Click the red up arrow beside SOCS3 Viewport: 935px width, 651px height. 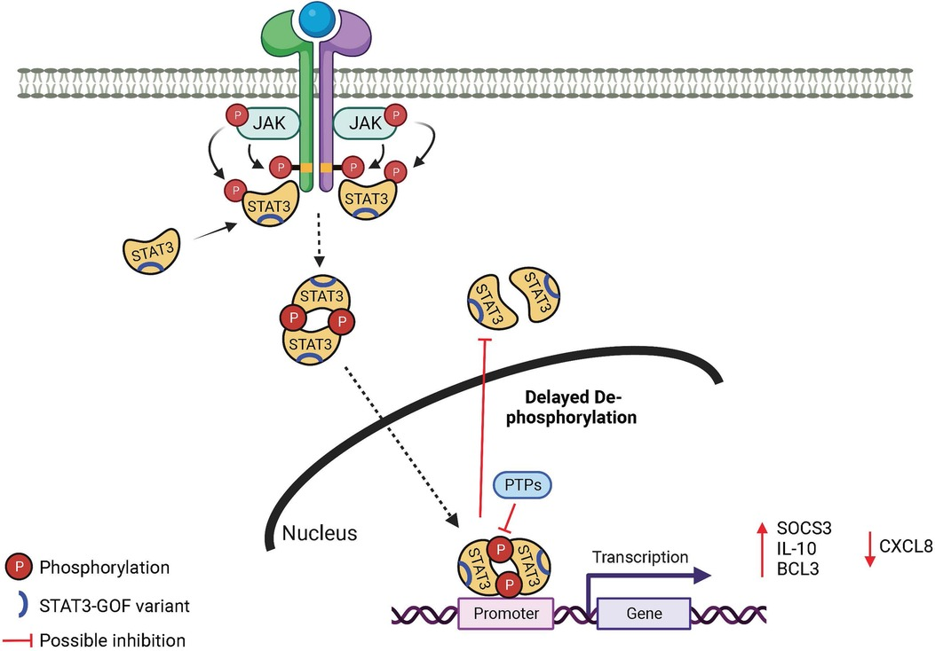(x=762, y=550)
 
